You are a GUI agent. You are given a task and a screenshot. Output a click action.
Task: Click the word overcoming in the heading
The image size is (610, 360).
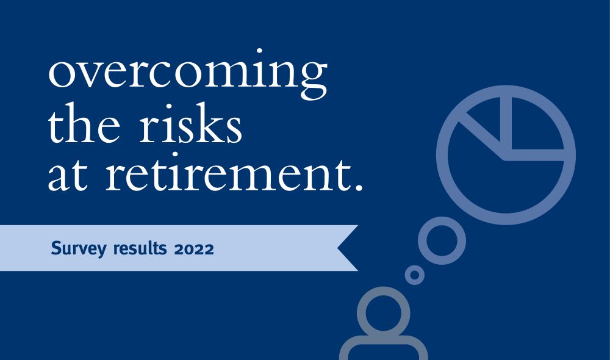[x=187, y=74]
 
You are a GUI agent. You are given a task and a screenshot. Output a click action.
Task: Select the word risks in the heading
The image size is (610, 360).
[x=190, y=123]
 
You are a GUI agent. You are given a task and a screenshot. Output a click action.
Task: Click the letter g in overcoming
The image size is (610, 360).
[x=313, y=82]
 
